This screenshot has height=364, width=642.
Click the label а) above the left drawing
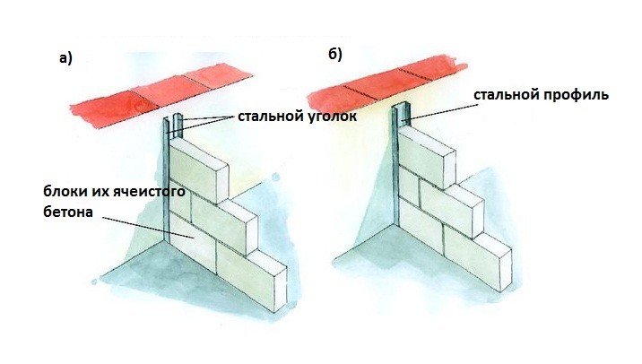point(65,59)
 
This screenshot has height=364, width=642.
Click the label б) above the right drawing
point(334,56)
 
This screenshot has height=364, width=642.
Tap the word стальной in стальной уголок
point(268,117)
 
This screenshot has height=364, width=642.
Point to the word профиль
point(580,94)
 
